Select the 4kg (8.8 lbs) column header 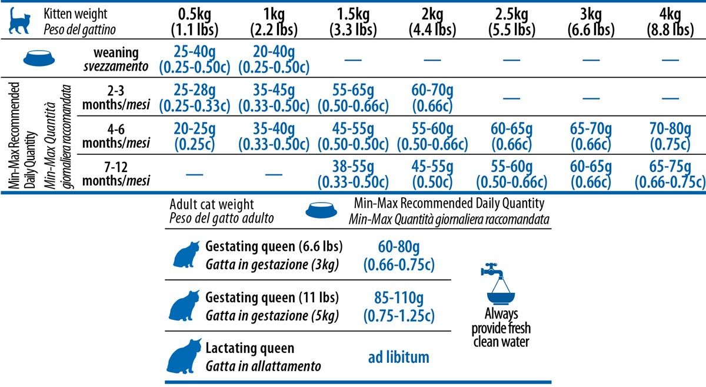[670, 21]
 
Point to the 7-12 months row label [113, 175]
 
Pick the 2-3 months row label [113, 98]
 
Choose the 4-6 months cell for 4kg [670, 137]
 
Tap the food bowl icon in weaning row [40, 58]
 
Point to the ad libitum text [398, 357]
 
